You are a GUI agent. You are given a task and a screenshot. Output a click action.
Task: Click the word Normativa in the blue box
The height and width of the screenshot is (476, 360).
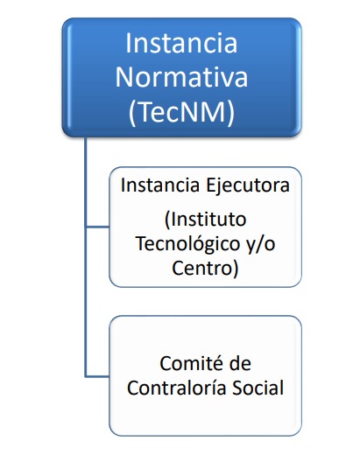click(x=181, y=77)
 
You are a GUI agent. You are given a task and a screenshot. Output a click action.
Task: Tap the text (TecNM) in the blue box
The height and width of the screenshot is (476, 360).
click(x=181, y=112)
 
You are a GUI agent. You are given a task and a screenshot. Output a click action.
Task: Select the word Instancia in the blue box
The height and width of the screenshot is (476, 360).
click(x=181, y=43)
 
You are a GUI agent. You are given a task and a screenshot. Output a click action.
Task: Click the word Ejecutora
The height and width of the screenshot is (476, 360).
click(x=248, y=185)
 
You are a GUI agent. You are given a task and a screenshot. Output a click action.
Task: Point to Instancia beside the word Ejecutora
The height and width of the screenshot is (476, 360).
click(x=160, y=185)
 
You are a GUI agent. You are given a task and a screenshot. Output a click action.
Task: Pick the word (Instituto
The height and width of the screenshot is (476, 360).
click(x=205, y=219)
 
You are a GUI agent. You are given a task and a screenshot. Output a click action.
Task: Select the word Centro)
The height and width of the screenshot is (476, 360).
click(x=205, y=268)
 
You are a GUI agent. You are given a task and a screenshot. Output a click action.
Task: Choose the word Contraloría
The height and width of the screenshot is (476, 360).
click(x=176, y=388)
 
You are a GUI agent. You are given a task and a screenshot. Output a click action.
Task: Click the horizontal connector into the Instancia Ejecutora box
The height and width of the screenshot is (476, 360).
click(x=97, y=227)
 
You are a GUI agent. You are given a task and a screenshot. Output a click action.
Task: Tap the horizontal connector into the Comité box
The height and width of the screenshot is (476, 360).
click(x=97, y=376)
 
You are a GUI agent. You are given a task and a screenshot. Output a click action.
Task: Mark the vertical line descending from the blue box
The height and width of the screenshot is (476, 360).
click(x=86, y=257)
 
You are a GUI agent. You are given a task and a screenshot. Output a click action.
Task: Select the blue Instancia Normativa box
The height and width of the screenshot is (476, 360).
click(x=181, y=77)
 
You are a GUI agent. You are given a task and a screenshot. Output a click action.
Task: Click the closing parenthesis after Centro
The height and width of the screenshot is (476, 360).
click(x=236, y=269)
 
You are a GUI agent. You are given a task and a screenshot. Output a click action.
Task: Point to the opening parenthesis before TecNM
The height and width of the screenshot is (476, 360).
click(x=132, y=113)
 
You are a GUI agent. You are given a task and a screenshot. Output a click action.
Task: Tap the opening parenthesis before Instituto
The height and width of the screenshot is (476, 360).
click(x=167, y=220)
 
